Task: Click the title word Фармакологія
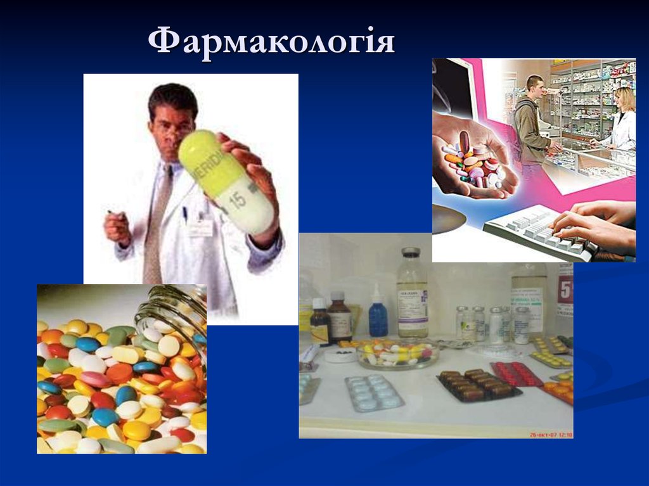tap(271, 42)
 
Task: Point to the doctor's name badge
tap(200, 227)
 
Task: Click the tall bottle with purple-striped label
tap(412, 294)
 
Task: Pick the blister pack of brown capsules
tap(479, 384)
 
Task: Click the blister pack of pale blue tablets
tap(374, 392)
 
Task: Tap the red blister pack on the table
tap(517, 373)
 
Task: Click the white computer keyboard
tap(539, 231)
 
